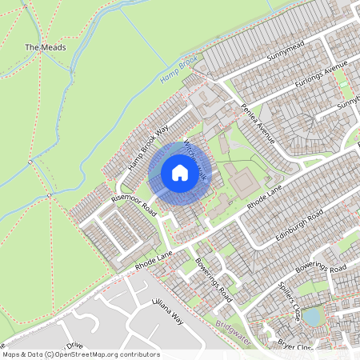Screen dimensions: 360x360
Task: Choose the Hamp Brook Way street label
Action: [x=149, y=147]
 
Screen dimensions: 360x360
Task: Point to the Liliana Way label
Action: [x=168, y=312]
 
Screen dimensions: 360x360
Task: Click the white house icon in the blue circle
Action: [x=180, y=173]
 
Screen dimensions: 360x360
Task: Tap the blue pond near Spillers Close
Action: [x=311, y=317]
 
